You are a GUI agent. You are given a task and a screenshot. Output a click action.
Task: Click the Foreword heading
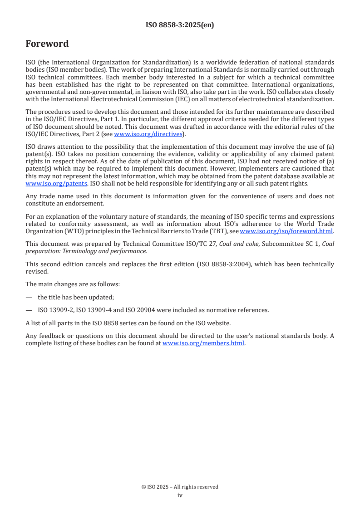[47, 44]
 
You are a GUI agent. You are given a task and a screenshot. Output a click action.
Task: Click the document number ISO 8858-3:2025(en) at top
[180, 25]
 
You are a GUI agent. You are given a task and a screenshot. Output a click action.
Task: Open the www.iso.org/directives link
[148, 134]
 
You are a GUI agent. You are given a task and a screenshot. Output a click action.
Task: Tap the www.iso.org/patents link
[56, 183]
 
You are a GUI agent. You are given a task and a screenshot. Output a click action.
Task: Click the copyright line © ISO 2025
[180, 487]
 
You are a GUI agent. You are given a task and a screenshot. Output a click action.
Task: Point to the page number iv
[180, 495]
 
